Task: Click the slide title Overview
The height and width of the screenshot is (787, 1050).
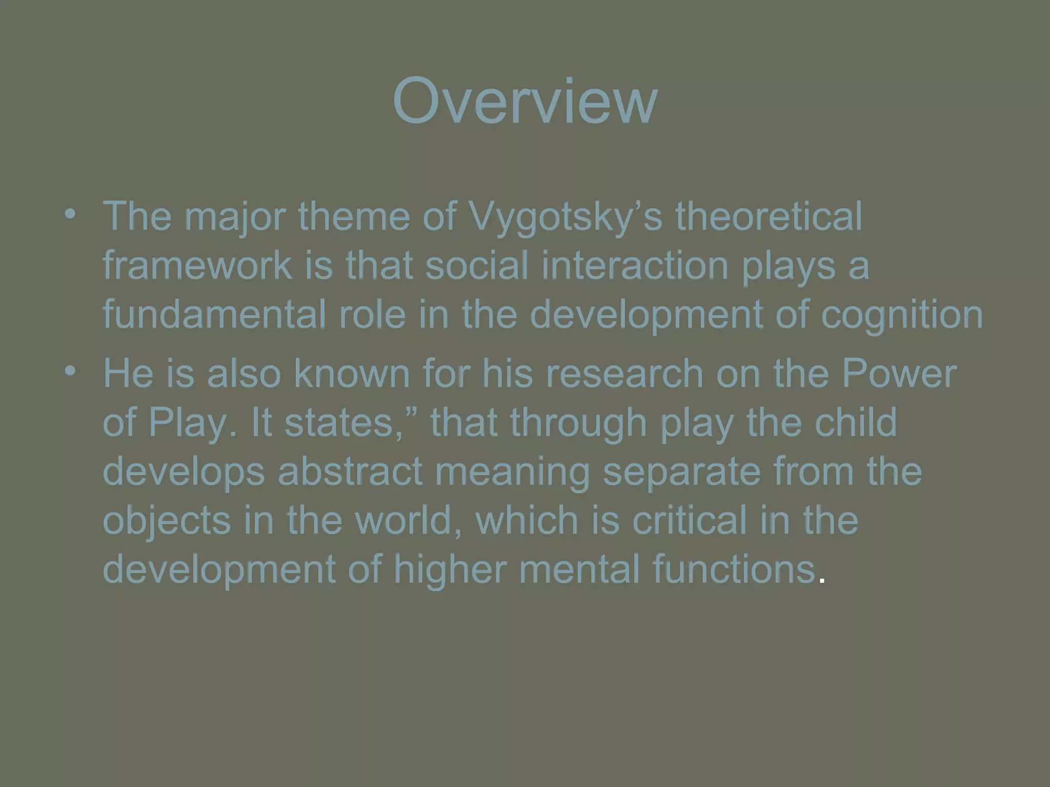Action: [524, 101]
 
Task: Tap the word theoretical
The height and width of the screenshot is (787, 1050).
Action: [769, 217]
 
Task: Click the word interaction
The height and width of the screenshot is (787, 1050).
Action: [635, 265]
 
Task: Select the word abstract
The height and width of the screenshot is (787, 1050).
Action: [350, 471]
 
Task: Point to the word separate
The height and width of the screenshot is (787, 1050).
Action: [681, 471]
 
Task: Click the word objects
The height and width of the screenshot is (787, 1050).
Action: [167, 521]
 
